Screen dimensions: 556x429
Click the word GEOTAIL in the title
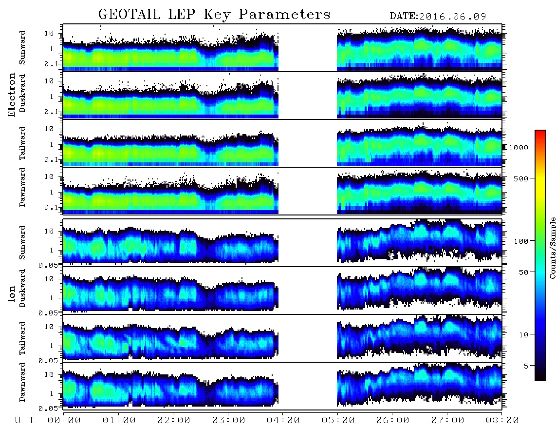(x=130, y=15)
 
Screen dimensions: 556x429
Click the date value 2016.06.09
(x=452, y=17)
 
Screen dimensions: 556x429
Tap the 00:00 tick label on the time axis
(x=64, y=420)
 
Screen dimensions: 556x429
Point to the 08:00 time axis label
(x=502, y=420)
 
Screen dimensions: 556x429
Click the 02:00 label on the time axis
(x=174, y=420)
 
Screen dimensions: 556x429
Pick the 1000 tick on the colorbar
(x=519, y=147)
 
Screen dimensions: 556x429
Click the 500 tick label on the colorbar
(x=521, y=178)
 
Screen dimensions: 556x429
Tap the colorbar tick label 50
(x=523, y=272)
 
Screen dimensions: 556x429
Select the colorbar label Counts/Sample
(x=552, y=248)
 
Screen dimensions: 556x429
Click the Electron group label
(x=12, y=95)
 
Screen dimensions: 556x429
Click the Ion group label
(x=12, y=294)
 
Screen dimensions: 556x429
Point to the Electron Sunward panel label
(x=22, y=48)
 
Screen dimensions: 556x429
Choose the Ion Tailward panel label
(x=22, y=338)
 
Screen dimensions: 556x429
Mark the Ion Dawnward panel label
(x=22, y=382)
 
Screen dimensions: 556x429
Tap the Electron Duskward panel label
(x=22, y=93)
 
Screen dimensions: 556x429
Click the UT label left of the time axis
(x=24, y=420)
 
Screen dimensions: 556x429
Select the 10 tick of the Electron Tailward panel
(x=49, y=129)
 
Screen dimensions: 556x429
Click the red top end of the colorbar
(x=540, y=131)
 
